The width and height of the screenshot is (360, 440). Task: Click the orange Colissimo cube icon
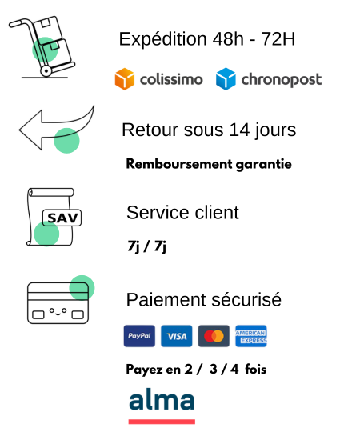point(125,79)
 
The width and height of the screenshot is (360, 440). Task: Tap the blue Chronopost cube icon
point(226,79)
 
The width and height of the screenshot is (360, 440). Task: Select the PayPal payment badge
point(139,336)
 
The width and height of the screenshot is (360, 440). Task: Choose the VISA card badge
point(177,336)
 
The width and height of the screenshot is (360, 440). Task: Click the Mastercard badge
point(214,336)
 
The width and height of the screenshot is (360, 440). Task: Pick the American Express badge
point(251,336)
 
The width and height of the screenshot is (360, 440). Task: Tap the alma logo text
point(162,398)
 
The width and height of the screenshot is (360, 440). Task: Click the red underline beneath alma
point(162,422)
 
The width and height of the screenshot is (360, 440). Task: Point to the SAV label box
point(62,218)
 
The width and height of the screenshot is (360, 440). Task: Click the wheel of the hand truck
point(46,71)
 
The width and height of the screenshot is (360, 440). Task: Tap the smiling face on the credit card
point(58,311)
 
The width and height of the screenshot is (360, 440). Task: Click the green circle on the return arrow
point(66,141)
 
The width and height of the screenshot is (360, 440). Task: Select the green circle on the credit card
point(82,288)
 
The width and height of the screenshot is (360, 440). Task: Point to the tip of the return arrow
point(19,130)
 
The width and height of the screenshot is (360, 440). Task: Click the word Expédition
point(163,39)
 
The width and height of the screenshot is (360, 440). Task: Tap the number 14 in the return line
point(239,130)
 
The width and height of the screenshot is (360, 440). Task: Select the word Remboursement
point(179,164)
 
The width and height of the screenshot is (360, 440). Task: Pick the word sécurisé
point(246,299)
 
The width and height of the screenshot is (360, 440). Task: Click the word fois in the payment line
point(256,369)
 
